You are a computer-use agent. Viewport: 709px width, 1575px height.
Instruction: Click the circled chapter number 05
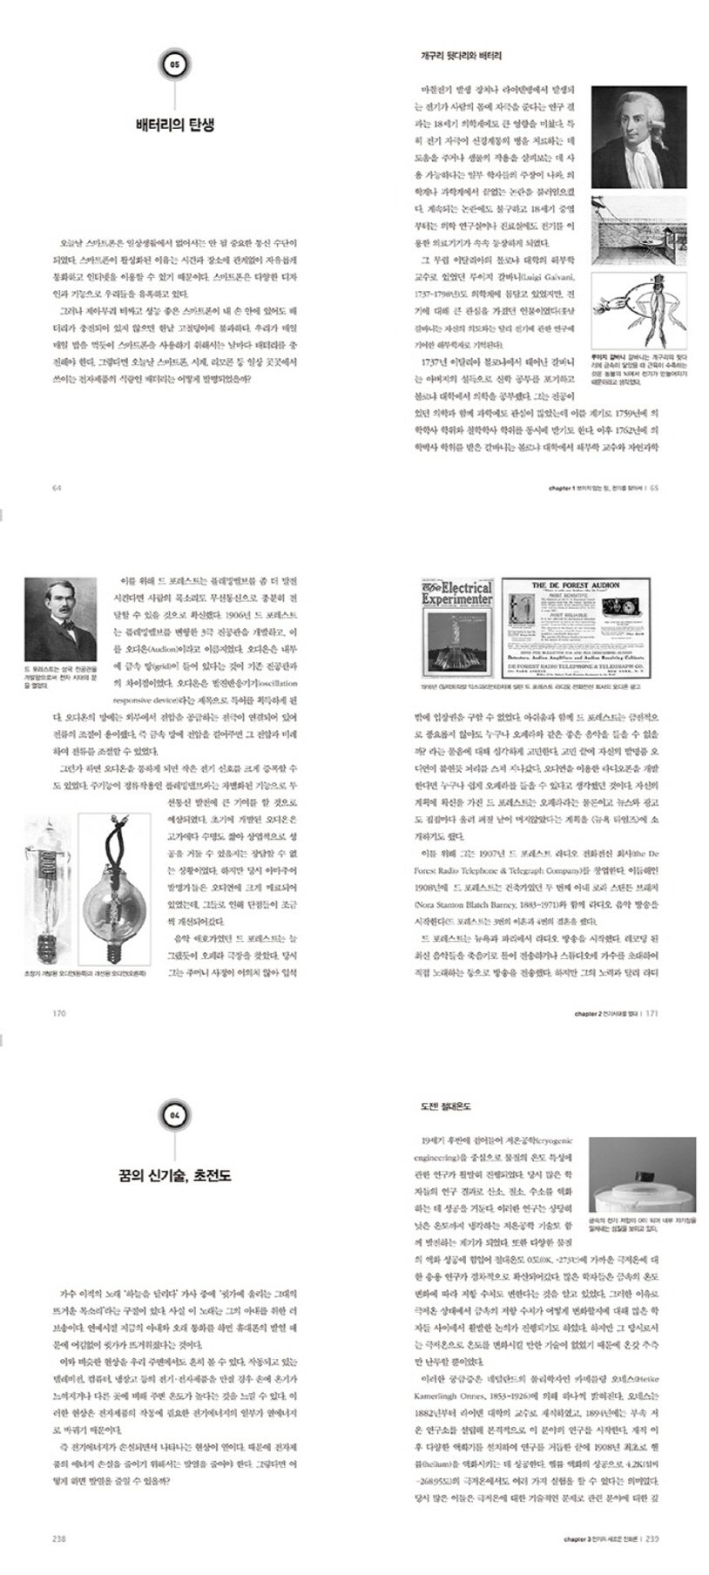(175, 64)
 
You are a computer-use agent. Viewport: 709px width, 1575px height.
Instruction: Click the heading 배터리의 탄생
(175, 125)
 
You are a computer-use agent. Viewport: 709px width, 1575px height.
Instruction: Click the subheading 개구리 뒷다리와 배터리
(461, 56)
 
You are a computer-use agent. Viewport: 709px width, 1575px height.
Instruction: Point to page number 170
(59, 1013)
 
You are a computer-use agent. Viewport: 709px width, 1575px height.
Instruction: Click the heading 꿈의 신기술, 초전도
(175, 1176)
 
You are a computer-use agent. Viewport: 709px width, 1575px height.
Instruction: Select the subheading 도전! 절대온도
(445, 1106)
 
